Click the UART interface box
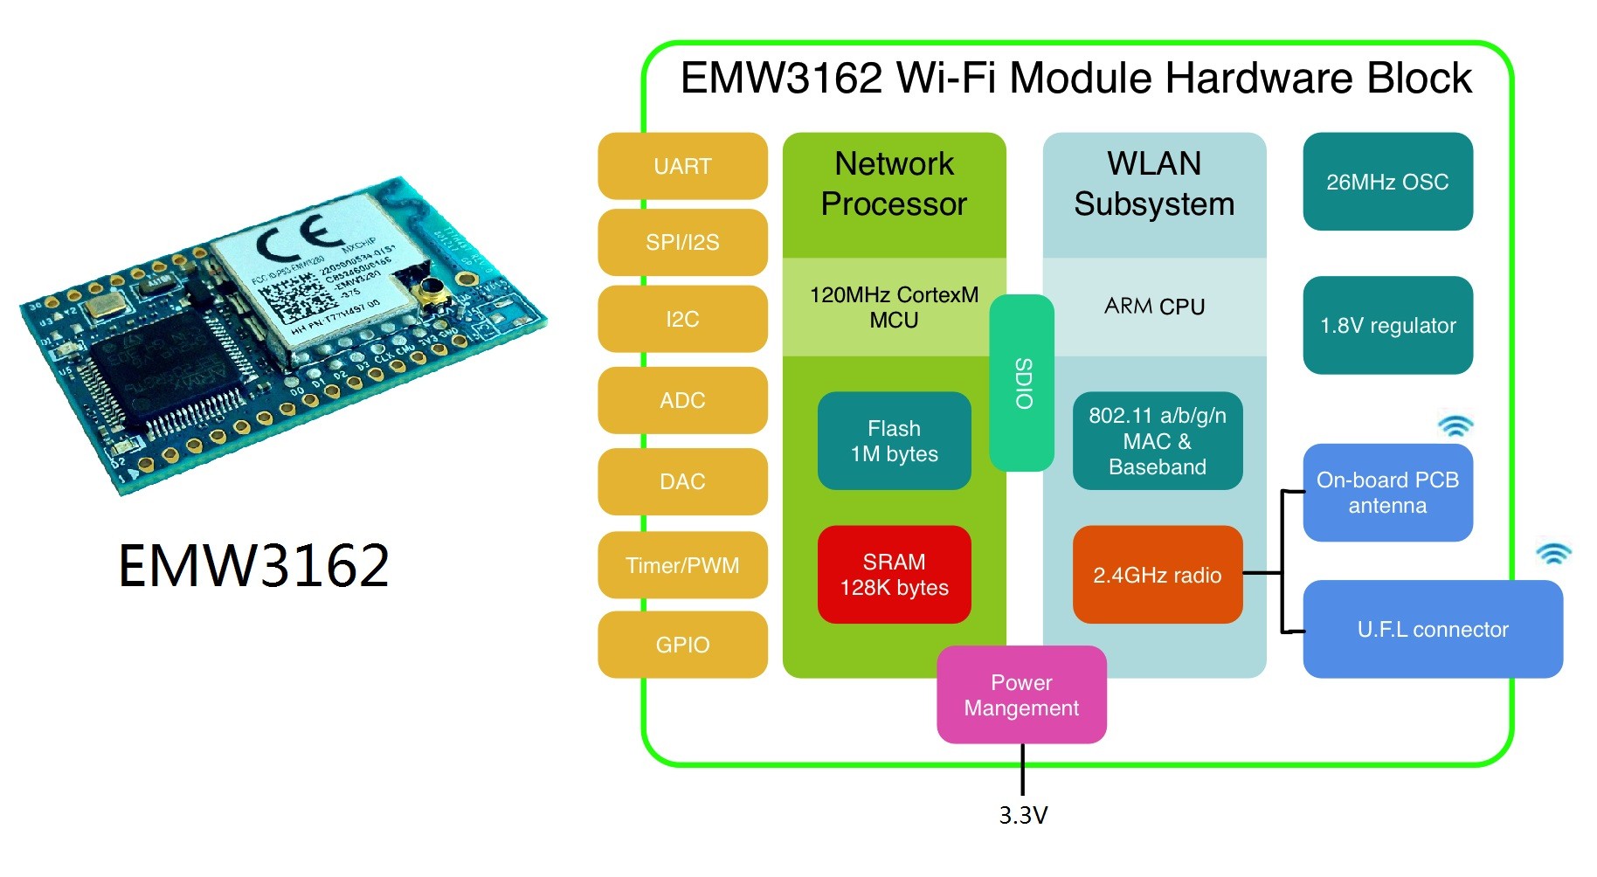[x=682, y=166]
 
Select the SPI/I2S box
[x=682, y=242]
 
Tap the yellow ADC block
[x=682, y=400]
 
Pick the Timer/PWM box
[x=682, y=565]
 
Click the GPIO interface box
[x=682, y=645]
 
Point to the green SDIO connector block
[x=1022, y=383]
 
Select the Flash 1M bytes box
[x=894, y=441]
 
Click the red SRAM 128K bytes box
[x=894, y=575]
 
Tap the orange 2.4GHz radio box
[x=1157, y=575]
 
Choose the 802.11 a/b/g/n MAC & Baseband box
[x=1157, y=441]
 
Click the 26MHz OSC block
[x=1387, y=182]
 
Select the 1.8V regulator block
[x=1387, y=325]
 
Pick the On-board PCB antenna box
[x=1387, y=493]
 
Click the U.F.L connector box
[x=1433, y=629]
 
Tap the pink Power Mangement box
[x=1021, y=695]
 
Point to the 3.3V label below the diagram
[x=1023, y=815]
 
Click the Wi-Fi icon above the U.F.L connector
[x=1553, y=553]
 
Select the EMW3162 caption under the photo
[x=253, y=565]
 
